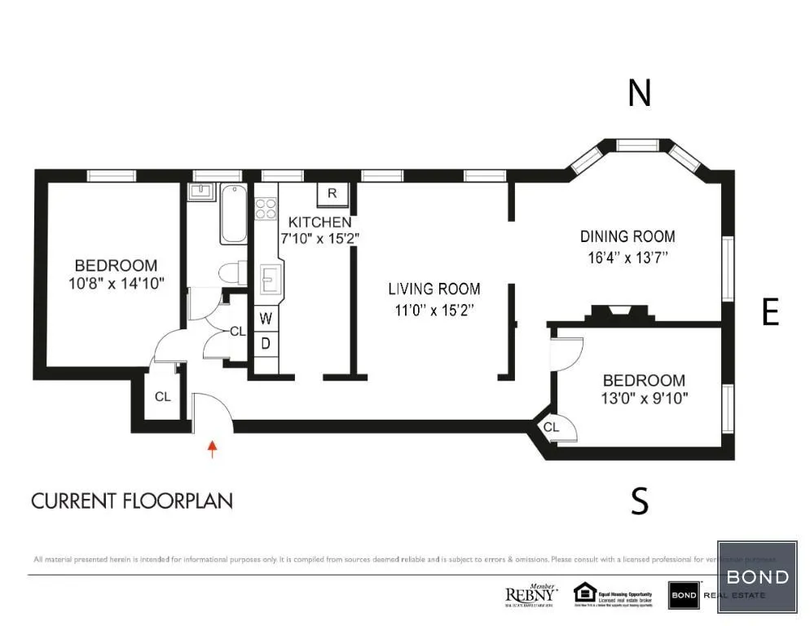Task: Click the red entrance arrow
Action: pyautogui.click(x=213, y=447)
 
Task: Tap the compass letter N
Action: pyautogui.click(x=639, y=94)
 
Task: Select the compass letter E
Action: pyautogui.click(x=769, y=312)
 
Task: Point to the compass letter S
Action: pyautogui.click(x=640, y=501)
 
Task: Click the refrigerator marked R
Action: pyautogui.click(x=332, y=193)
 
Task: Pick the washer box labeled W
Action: pyautogui.click(x=266, y=319)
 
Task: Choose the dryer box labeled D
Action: pyautogui.click(x=266, y=343)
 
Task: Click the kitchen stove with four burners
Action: pyautogui.click(x=266, y=209)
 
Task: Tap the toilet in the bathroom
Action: pyautogui.click(x=234, y=271)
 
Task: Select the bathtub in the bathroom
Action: pyautogui.click(x=233, y=214)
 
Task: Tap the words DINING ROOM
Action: pyautogui.click(x=627, y=236)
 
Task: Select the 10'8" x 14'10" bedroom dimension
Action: pyautogui.click(x=116, y=284)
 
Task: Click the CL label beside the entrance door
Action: pyautogui.click(x=163, y=397)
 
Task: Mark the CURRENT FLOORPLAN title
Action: pyautogui.click(x=132, y=500)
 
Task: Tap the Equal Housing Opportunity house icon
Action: pyautogui.click(x=585, y=592)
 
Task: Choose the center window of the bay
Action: pyautogui.click(x=638, y=145)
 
